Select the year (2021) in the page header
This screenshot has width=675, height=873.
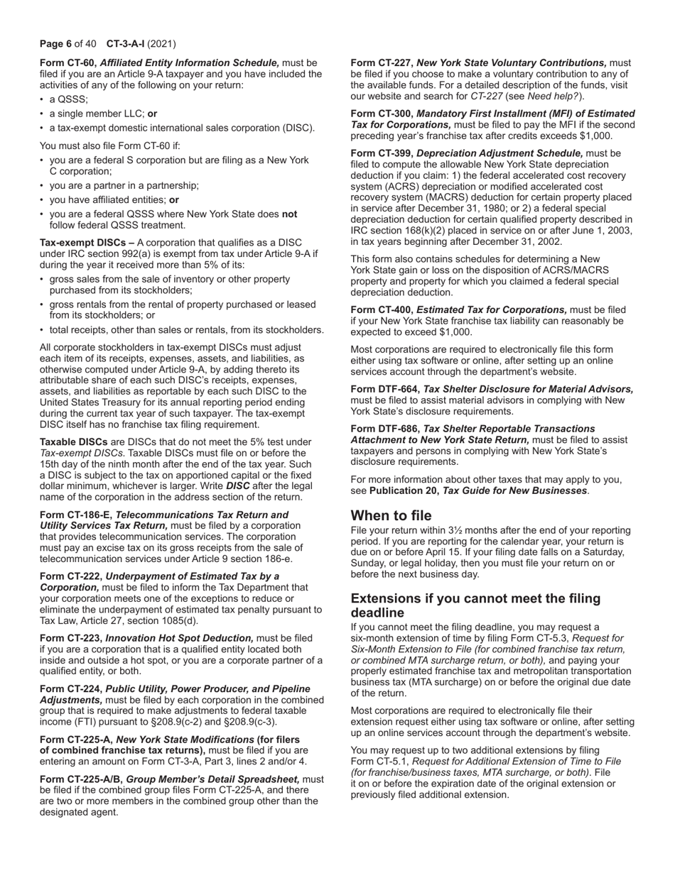coord(162,43)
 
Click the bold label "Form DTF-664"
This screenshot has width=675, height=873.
coord(384,389)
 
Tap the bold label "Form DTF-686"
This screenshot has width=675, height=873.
coord(384,429)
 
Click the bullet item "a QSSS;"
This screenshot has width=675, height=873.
coord(68,99)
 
